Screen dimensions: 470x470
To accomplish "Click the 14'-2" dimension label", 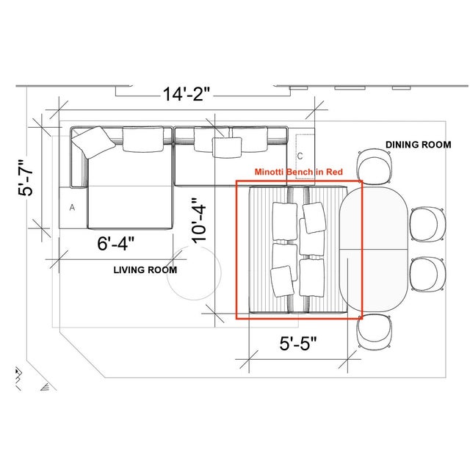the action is (x=186, y=94).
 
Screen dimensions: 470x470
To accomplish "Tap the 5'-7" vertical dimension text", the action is (x=26, y=178).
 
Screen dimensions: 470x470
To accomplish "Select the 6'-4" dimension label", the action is (x=116, y=243).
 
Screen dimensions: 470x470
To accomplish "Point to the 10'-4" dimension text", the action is (x=199, y=220).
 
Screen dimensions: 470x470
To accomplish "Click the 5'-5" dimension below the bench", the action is (x=298, y=343).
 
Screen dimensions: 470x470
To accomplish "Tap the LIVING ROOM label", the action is (x=145, y=270).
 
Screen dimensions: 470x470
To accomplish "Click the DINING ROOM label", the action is (x=418, y=145).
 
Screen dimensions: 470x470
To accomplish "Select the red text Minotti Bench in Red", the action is (x=299, y=172).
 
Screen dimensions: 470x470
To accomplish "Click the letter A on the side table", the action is (x=72, y=207).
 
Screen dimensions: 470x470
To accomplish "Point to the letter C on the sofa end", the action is (x=300, y=156).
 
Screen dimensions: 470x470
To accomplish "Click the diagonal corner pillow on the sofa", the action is (x=93, y=142).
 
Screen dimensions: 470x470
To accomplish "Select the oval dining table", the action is (x=374, y=250).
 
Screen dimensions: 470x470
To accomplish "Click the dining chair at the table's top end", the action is (x=374, y=167).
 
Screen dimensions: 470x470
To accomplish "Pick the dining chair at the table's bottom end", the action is (x=374, y=332).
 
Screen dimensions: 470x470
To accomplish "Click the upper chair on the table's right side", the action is (x=427, y=223).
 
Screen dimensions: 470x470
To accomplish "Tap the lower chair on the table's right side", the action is (x=427, y=274).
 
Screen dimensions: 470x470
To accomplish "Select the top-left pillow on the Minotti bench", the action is (x=285, y=221).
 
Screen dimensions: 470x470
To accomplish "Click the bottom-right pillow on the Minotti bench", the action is (x=311, y=278).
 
